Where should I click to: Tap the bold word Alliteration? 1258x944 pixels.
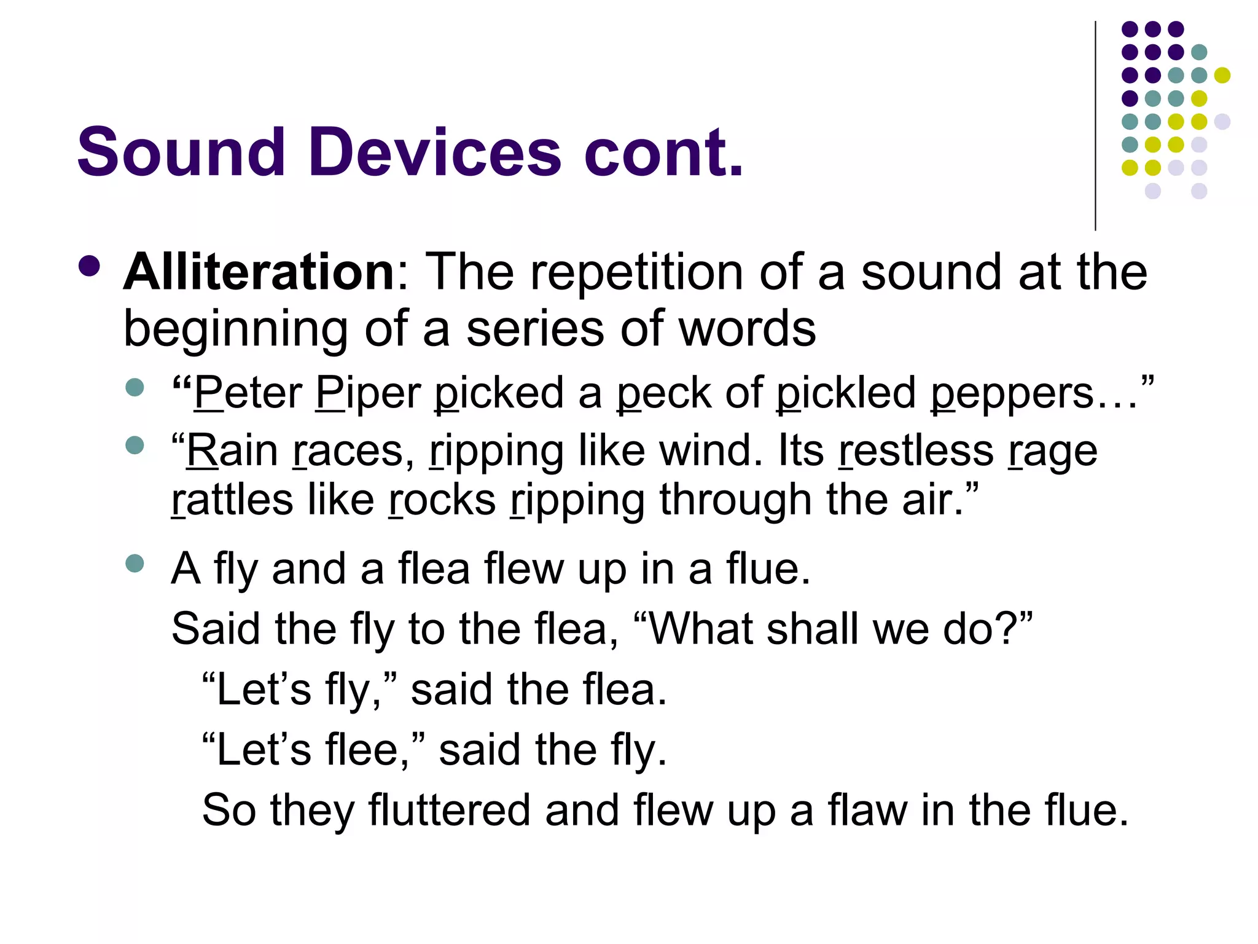pyautogui.click(x=259, y=272)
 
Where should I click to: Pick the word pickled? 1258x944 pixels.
pyautogui.click(x=846, y=393)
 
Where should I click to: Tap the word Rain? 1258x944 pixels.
pyautogui.click(x=232, y=450)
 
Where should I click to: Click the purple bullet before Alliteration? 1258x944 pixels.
pyautogui.click(x=90, y=266)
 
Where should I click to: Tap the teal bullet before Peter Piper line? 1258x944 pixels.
pyautogui.click(x=134, y=388)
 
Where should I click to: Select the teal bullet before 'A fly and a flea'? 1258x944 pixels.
pyautogui.click(x=134, y=564)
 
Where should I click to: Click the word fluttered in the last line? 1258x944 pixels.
pyautogui.click(x=449, y=810)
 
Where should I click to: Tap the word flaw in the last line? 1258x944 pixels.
pyautogui.click(x=867, y=810)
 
